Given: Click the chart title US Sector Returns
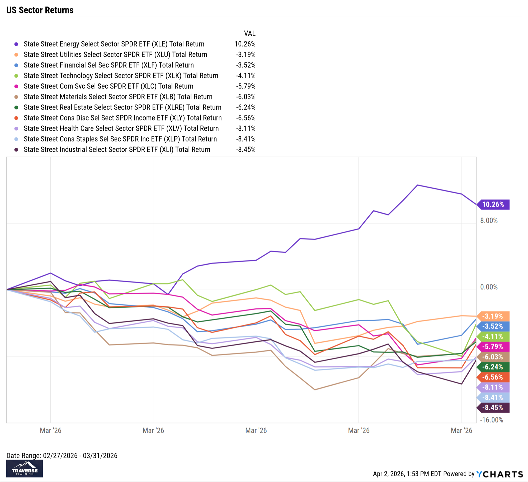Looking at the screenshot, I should point(40,10).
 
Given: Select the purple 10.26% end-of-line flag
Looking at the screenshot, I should point(493,204).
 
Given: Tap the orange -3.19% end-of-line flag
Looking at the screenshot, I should point(493,316).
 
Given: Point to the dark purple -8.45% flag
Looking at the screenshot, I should point(493,408).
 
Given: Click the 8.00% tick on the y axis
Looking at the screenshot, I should point(489,221).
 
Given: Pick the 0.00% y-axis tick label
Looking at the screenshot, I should point(489,287).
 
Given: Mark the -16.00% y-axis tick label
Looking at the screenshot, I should point(491,420).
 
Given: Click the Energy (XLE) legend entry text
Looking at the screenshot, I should point(114,44).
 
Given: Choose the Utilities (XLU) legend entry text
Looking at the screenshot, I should point(115,55).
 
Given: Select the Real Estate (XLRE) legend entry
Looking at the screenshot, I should point(122,107).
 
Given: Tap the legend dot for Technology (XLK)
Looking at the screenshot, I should point(16,76).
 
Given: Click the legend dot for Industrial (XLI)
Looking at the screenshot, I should point(16,150).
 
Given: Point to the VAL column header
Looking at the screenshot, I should point(249,34).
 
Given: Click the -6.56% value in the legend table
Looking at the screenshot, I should point(246,118).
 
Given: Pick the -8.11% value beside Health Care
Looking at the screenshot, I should point(246,128).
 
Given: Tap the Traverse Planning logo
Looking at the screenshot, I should point(25,469).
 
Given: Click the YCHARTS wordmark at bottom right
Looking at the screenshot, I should point(500,474).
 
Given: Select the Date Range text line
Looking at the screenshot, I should point(62,456).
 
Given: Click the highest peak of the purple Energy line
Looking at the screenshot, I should point(417,185).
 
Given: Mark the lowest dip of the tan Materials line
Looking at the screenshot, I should point(315,390).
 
